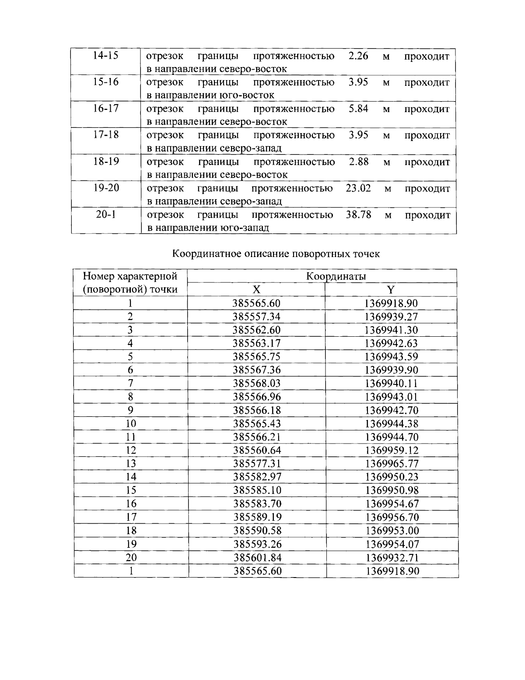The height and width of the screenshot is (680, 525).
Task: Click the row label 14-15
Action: click(x=106, y=56)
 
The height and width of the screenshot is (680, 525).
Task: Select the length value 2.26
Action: click(x=358, y=56)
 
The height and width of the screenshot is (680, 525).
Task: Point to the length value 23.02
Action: click(x=358, y=188)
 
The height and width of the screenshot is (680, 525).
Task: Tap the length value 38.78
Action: click(x=358, y=215)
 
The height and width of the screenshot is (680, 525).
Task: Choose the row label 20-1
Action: click(x=106, y=215)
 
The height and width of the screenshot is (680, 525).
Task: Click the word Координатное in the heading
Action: click(x=203, y=254)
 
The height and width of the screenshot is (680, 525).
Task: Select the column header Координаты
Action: click(x=336, y=276)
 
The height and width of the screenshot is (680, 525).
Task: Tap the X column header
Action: click(x=256, y=290)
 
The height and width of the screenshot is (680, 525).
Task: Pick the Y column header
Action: click(x=391, y=290)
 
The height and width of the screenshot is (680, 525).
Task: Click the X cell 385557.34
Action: click(x=257, y=317)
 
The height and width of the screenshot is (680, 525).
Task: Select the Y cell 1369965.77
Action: click(x=392, y=464)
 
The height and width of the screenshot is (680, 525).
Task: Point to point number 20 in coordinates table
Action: click(x=131, y=557)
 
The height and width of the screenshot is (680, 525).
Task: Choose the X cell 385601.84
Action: click(x=257, y=557)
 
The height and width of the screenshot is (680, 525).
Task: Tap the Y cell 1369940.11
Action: click(x=392, y=384)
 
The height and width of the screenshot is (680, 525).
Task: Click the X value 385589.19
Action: click(x=257, y=517)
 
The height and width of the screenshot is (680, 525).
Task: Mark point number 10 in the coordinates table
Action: click(x=131, y=423)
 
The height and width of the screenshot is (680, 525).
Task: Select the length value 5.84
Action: click(x=358, y=109)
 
